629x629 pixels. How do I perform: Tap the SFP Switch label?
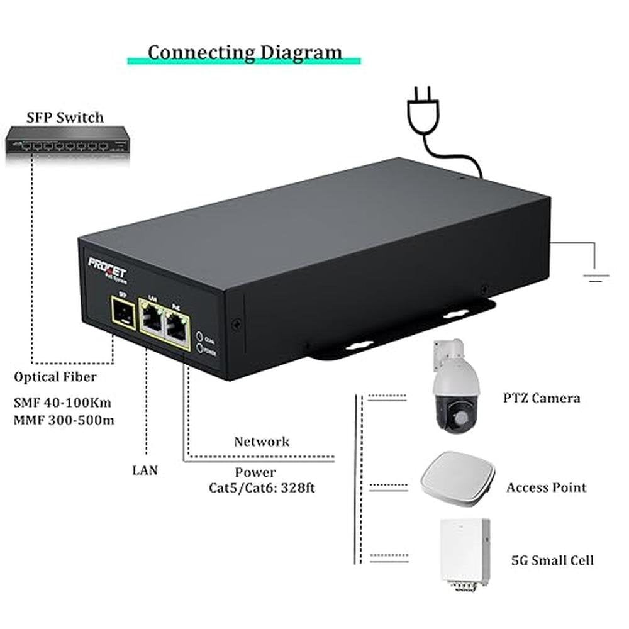coord(65,117)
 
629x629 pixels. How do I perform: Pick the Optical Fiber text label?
coord(55,377)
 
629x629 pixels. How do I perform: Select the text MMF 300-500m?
coord(64,419)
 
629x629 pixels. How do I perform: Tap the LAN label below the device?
coord(145,469)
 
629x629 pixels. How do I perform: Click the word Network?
coord(262,441)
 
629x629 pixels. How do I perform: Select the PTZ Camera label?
coord(542,398)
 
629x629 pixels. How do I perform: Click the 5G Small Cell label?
coord(552,560)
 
